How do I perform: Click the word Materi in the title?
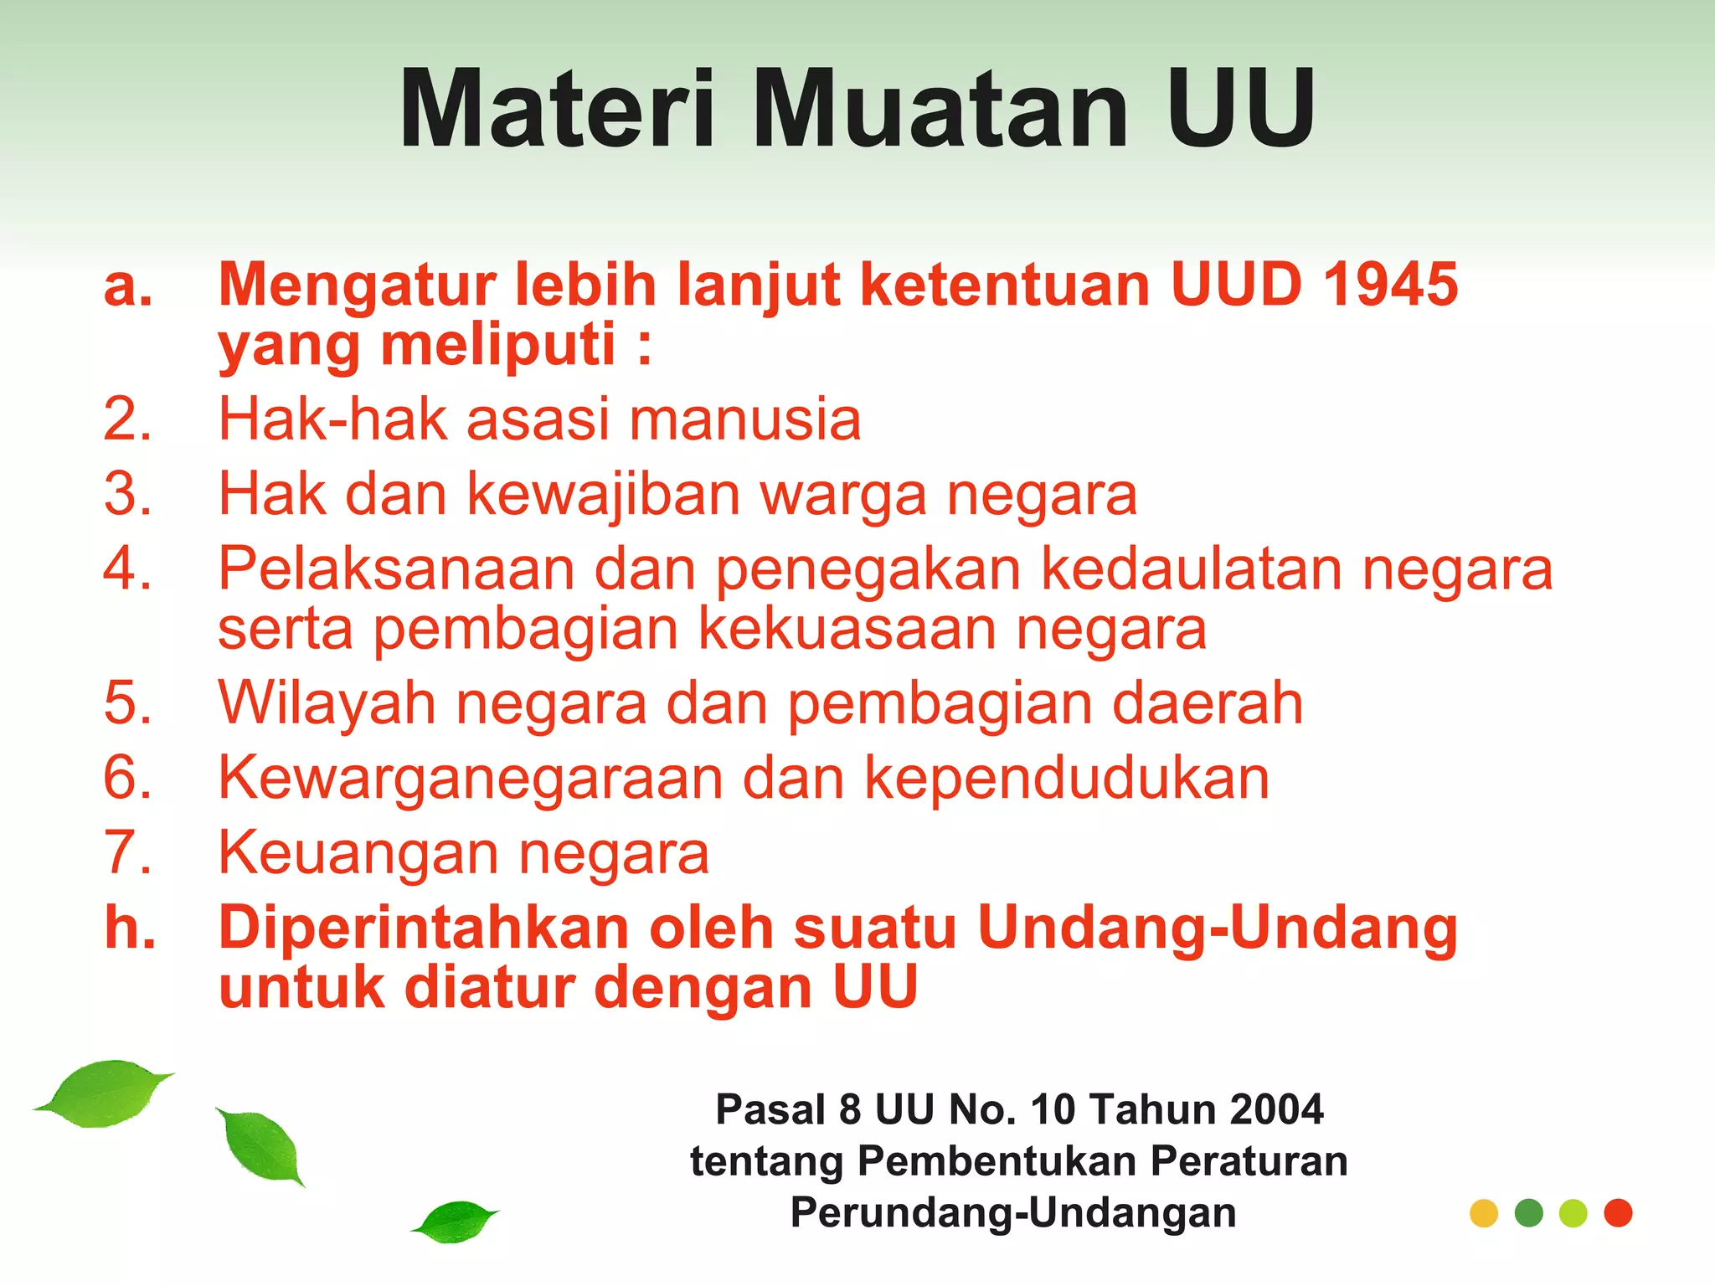[x=557, y=109]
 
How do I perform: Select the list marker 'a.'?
[x=128, y=285]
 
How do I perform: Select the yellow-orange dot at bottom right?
[x=1484, y=1213]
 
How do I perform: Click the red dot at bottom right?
[x=1618, y=1213]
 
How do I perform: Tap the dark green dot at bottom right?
[x=1529, y=1213]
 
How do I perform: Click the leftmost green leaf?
[x=105, y=1093]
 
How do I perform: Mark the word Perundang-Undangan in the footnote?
[x=1013, y=1213]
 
